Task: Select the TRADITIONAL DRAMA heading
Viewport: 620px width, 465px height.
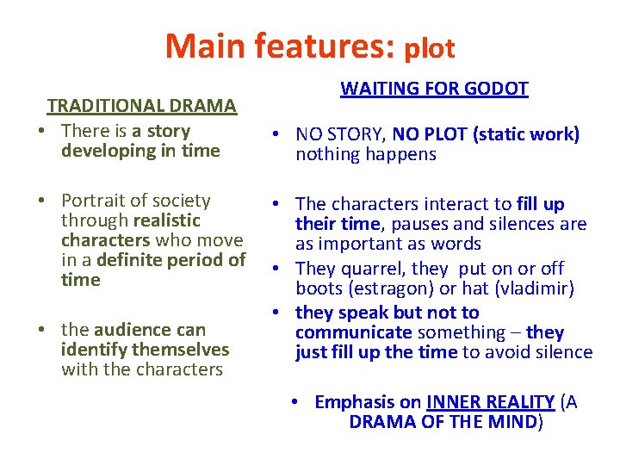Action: (x=141, y=106)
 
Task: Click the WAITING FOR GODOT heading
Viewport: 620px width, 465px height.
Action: (x=434, y=89)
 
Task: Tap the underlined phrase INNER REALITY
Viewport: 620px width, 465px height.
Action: (x=490, y=402)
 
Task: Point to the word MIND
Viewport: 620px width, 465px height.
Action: (x=512, y=423)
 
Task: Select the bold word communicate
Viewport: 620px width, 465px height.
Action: (x=353, y=332)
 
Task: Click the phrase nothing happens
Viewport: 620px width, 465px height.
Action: (x=366, y=155)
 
